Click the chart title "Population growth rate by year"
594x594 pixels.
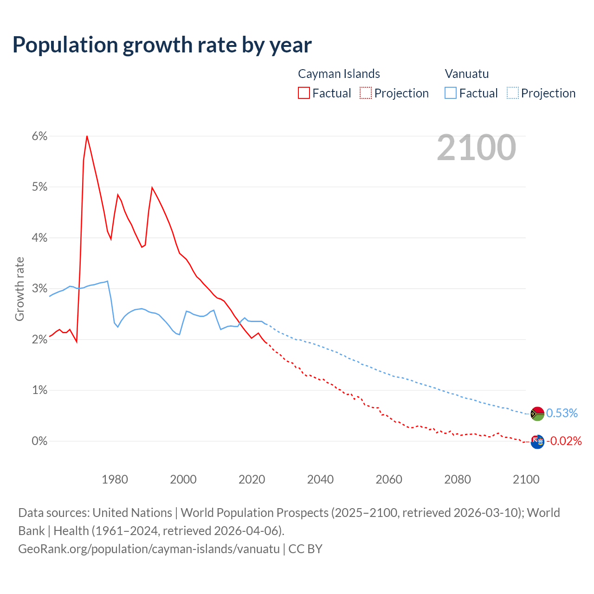tap(162, 45)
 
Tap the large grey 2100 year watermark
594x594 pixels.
tap(476, 147)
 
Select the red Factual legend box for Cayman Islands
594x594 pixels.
tap(304, 93)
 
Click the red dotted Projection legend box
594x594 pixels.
tap(366, 93)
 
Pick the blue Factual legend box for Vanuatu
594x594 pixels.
tap(451, 93)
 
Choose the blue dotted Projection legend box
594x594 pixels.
tap(512, 93)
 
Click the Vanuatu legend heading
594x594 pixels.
tap(467, 74)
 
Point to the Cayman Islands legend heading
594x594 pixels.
tap(339, 74)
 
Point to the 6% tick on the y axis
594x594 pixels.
tap(39, 136)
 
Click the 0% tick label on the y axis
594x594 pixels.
tap(39, 441)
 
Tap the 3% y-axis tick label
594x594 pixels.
tap(39, 288)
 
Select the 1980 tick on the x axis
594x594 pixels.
tap(115, 479)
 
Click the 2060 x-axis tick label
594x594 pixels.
tap(389, 479)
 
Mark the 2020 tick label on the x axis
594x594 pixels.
tap(252, 479)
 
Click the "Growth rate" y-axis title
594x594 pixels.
tap(19, 289)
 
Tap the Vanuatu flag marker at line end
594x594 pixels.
tap(537, 413)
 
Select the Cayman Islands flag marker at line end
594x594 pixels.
tap(537, 441)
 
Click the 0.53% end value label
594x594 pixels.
tap(562, 413)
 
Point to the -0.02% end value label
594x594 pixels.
tap(564, 441)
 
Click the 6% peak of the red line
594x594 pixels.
tap(87, 136)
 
